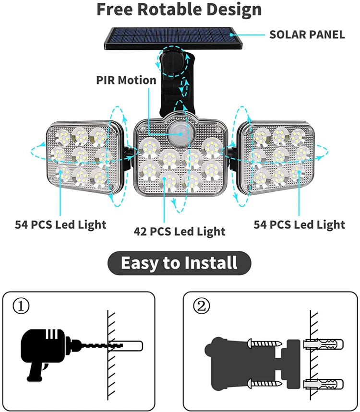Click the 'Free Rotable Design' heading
coord(180,10)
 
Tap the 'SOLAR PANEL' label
coord(307,35)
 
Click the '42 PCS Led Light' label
coord(180,231)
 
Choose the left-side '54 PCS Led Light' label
coord(60,224)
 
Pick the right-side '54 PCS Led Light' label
coord(299,224)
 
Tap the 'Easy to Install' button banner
coord(180,263)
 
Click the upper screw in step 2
coord(264,343)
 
